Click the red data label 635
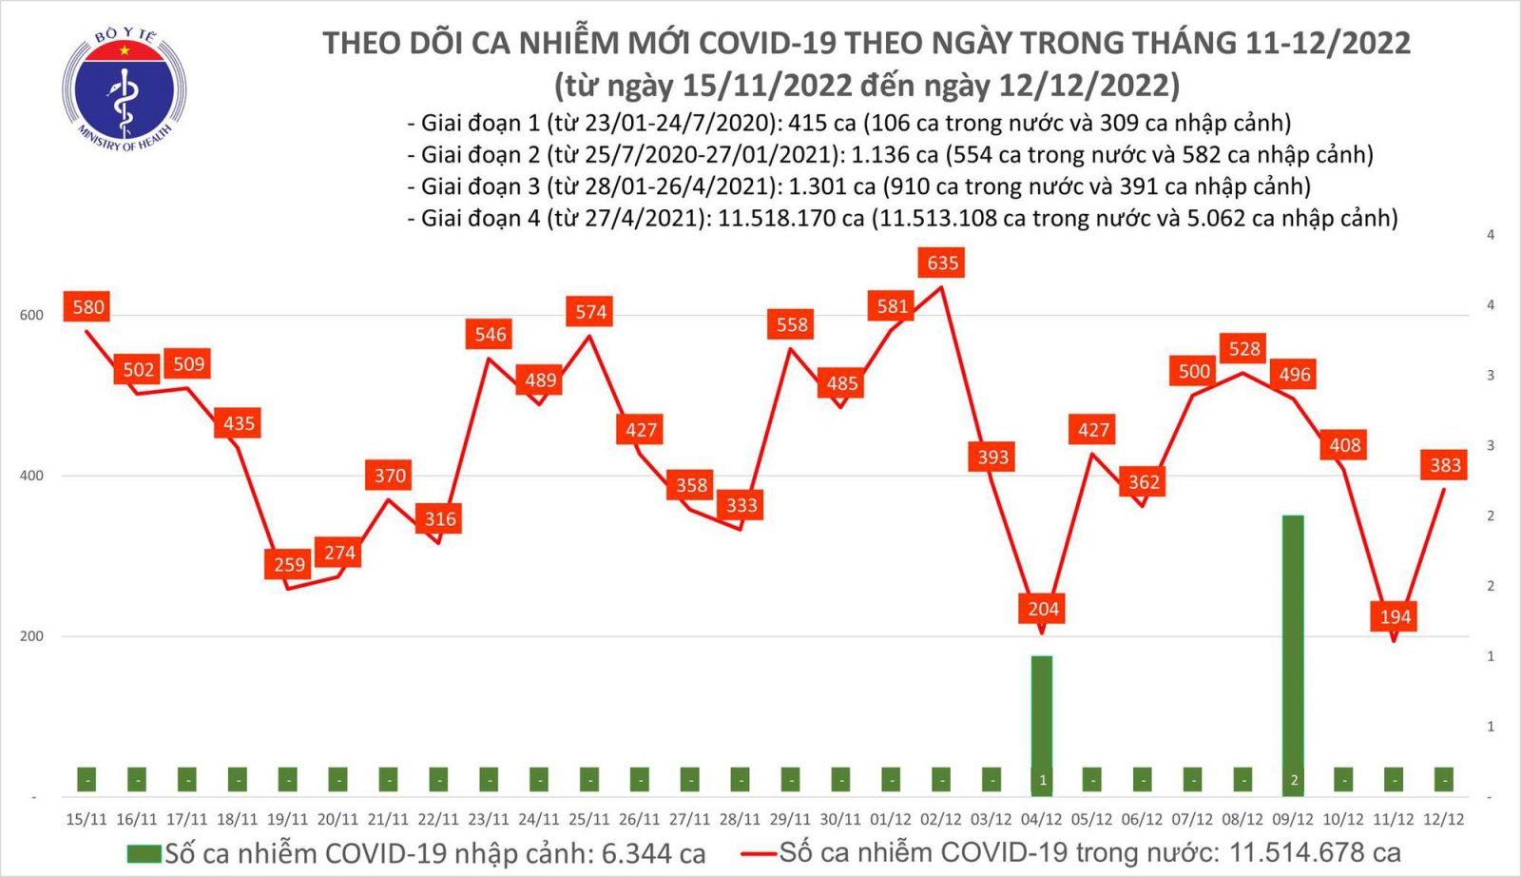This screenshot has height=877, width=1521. (x=942, y=263)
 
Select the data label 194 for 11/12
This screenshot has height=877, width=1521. (x=1395, y=616)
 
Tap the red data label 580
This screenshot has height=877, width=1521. (x=87, y=307)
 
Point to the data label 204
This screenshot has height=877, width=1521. (x=1043, y=609)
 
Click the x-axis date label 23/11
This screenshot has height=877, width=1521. (x=488, y=819)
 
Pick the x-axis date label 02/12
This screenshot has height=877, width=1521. (x=940, y=819)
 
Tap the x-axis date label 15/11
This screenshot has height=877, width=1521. (x=87, y=819)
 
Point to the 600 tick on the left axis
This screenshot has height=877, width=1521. (x=31, y=316)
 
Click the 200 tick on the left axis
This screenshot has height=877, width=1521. (x=31, y=636)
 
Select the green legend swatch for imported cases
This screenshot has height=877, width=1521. (x=144, y=853)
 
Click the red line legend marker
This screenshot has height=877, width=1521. (x=759, y=853)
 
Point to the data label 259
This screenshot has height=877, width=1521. (x=289, y=565)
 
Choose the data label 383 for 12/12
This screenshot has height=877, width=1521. (x=1445, y=465)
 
